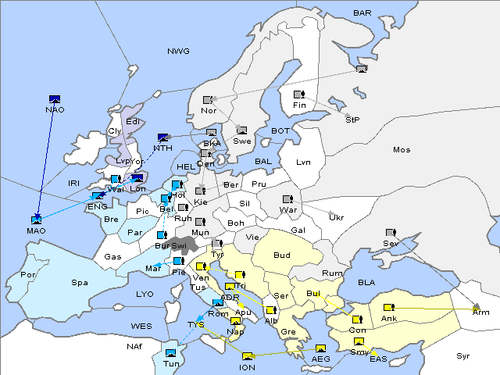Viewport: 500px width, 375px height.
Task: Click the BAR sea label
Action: (362, 13)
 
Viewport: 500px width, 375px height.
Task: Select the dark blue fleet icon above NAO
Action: (55, 99)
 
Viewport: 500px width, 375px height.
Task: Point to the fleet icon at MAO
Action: (36, 220)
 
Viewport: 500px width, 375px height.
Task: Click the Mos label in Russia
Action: (402, 149)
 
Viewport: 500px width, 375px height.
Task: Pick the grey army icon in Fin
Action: (298, 95)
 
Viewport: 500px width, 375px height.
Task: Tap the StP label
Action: (352, 120)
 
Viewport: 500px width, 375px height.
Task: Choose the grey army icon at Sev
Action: (391, 233)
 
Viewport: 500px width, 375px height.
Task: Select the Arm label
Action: (481, 312)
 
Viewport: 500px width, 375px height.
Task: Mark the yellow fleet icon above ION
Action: (248, 356)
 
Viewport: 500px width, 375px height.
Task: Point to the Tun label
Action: (170, 364)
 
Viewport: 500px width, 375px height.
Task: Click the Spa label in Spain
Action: (80, 282)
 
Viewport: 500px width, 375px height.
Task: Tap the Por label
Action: (29, 275)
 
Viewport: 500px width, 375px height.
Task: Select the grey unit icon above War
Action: (287, 199)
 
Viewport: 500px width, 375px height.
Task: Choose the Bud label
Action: (281, 255)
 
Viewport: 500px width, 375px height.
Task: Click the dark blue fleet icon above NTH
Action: (163, 137)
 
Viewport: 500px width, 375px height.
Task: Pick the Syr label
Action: (463, 356)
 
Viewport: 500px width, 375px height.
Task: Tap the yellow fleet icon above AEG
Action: (320, 348)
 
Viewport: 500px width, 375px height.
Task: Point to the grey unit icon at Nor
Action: (208, 100)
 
